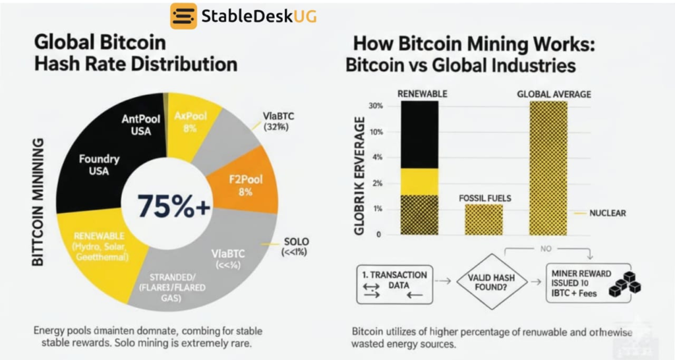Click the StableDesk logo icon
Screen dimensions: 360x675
(x=183, y=16)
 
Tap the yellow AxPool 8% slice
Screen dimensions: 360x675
(x=191, y=123)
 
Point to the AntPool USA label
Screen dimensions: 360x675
(x=136, y=125)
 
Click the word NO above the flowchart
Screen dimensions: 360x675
(x=546, y=250)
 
